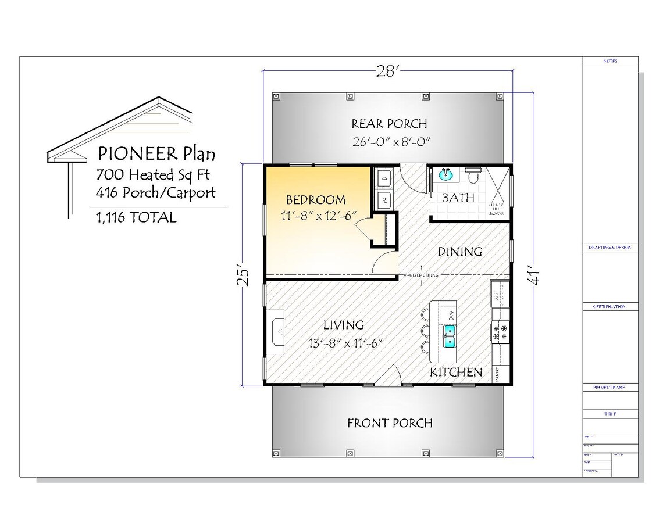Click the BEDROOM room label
click(315, 200)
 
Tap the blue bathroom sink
click(446, 174)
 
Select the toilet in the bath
click(473, 174)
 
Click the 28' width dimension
click(387, 71)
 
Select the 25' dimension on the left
click(245, 277)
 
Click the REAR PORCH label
click(389, 124)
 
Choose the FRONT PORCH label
click(390, 423)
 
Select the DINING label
click(459, 252)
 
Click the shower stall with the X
click(498, 193)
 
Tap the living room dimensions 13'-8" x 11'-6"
click(344, 343)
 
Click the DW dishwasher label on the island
click(451, 316)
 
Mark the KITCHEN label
click(456, 372)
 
